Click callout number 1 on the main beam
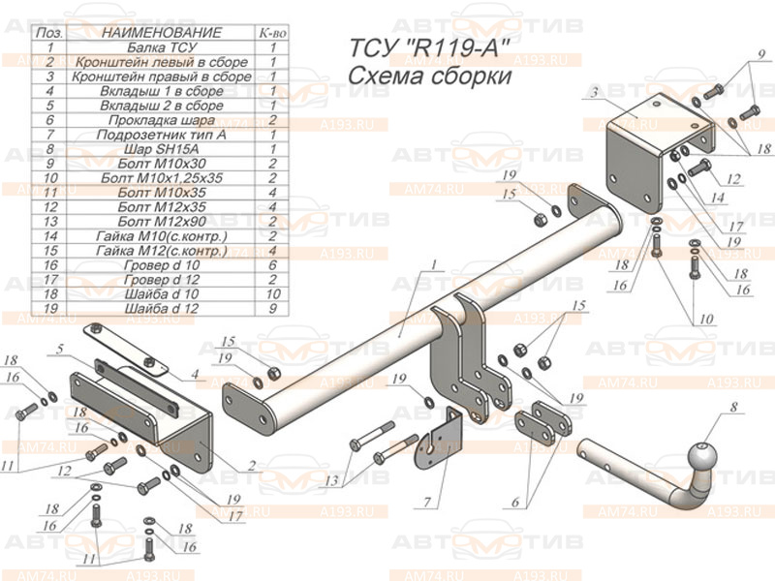[x=435, y=264]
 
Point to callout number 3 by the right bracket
[x=589, y=92]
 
